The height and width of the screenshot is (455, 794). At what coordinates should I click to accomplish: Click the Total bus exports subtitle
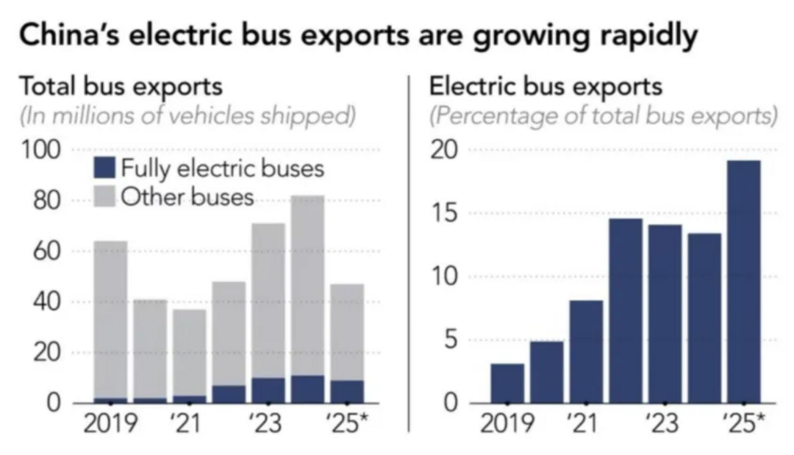coord(121,87)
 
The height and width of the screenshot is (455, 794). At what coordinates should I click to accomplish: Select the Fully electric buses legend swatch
coord(105,168)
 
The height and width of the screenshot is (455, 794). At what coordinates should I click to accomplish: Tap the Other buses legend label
coord(187,196)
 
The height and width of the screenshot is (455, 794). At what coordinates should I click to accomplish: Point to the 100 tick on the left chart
coord(40,150)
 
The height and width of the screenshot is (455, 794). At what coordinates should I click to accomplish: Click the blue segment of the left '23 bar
coord(268,390)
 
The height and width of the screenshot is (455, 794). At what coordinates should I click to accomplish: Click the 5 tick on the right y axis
coord(450,340)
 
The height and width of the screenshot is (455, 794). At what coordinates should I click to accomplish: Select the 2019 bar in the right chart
coord(507,384)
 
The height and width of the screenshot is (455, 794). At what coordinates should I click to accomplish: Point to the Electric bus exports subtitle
coord(546,87)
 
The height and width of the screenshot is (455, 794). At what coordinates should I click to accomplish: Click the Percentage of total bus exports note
coord(603,116)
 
